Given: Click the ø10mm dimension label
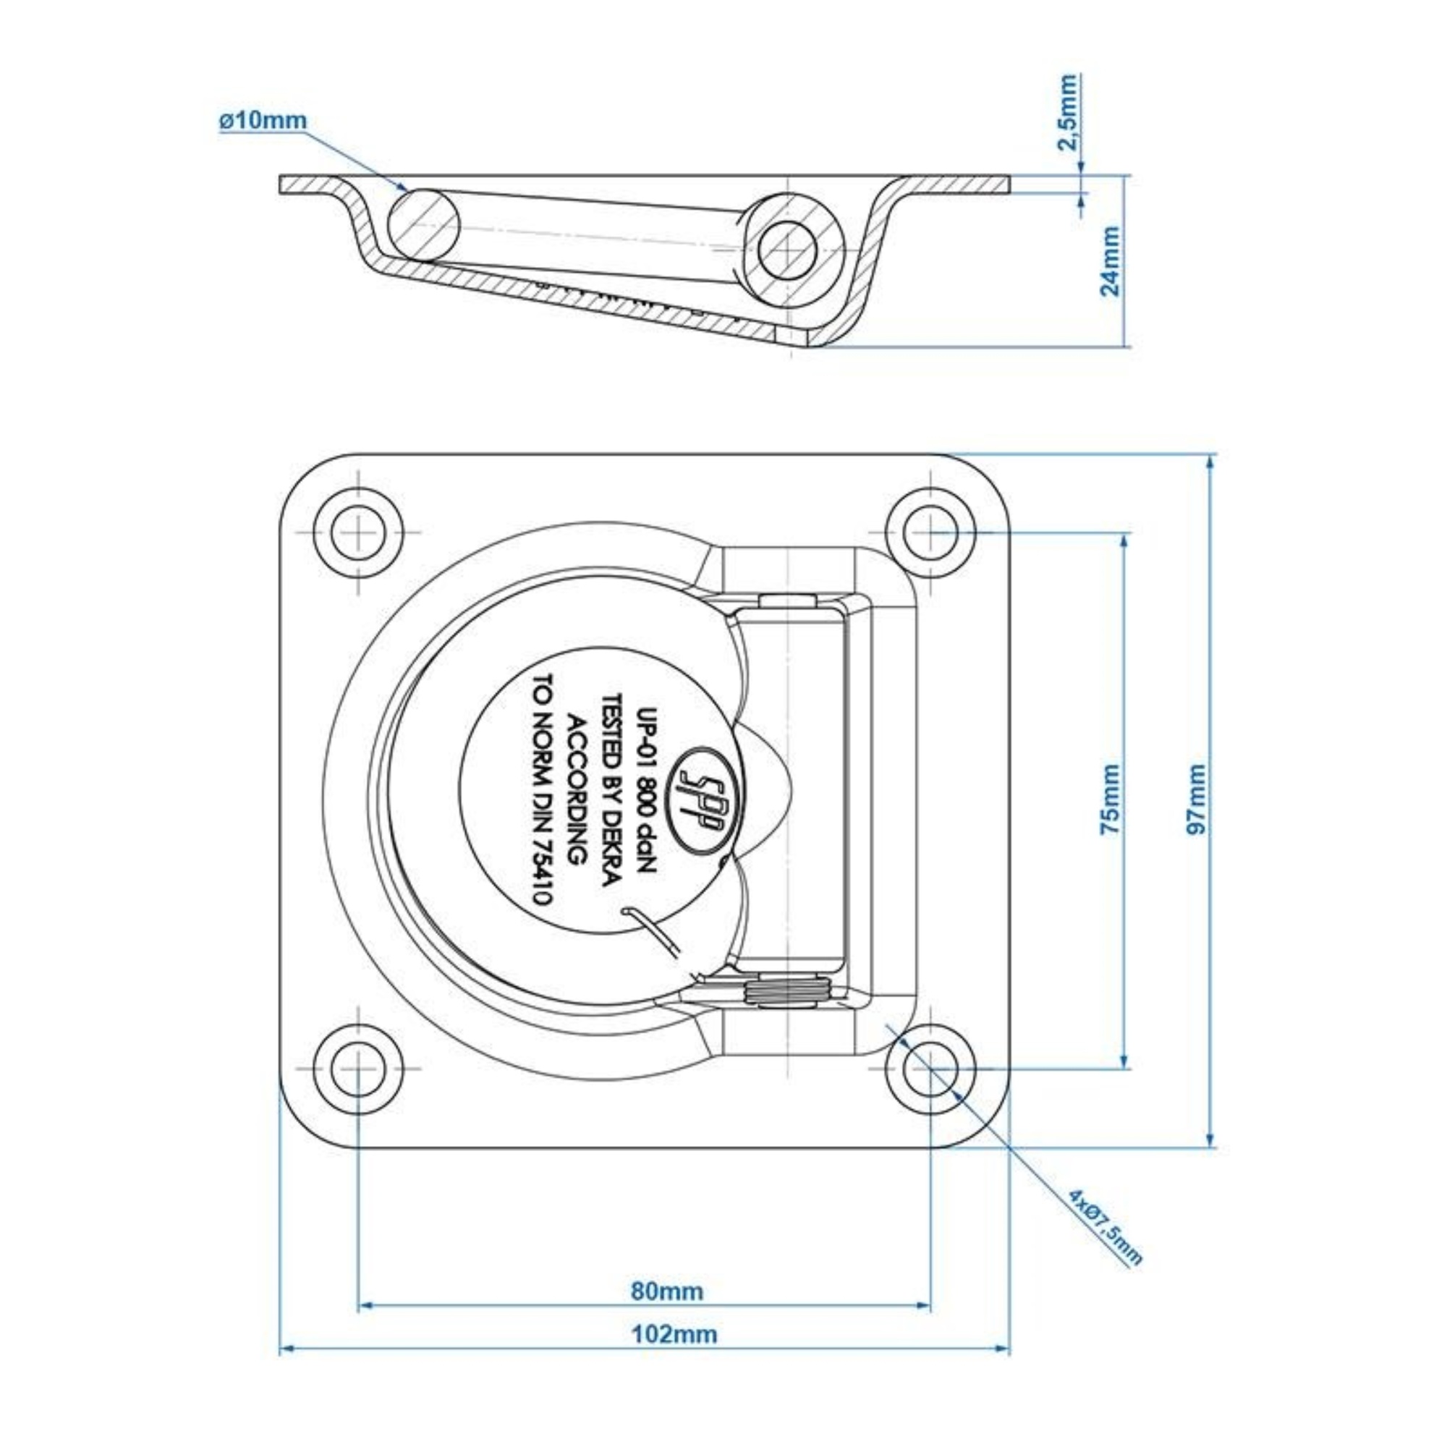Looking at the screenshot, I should (x=263, y=121).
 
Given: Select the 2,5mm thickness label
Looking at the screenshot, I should (x=1069, y=112).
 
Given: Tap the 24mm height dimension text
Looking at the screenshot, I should (x=1111, y=261).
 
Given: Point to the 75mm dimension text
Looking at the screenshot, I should (x=1111, y=799).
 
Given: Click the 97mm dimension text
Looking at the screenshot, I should (x=1197, y=799).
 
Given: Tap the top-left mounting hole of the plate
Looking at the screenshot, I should (x=359, y=532).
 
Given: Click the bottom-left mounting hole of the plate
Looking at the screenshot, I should (x=359, y=1069).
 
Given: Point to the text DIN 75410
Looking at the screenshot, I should (x=539, y=846).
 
